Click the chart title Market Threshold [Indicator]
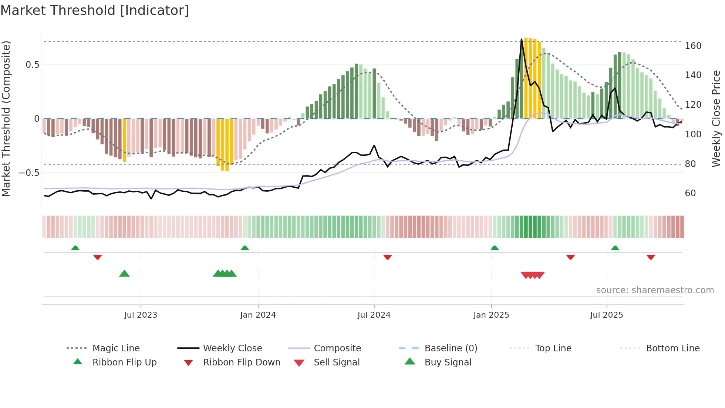[95, 10]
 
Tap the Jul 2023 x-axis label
[141, 315]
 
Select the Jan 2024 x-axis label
[258, 315]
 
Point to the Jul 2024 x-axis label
[374, 315]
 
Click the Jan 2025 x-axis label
[491, 315]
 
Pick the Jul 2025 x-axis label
[606, 315]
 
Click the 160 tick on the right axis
[693, 46]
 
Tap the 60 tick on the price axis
[690, 193]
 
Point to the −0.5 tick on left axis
[29, 173]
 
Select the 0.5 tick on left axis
[32, 65]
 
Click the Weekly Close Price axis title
[716, 118]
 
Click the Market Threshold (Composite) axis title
[6, 118]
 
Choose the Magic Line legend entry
[116, 348]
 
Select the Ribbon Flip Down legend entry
[241, 362]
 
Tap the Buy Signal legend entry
[448, 362]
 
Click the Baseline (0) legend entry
[451, 348]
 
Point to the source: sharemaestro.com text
[655, 290]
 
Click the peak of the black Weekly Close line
[522, 39]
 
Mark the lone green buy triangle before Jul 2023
[124, 274]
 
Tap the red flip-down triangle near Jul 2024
[387, 257]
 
